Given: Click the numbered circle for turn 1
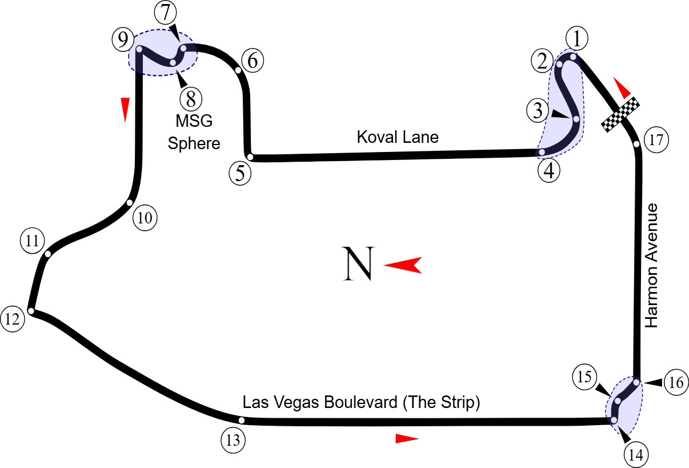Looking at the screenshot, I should (x=577, y=39).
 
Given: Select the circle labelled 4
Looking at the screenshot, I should (x=549, y=170).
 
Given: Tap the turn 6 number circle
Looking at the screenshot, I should (x=253, y=60).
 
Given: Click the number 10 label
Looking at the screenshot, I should (x=145, y=218).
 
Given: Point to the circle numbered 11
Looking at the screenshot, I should (x=32, y=241).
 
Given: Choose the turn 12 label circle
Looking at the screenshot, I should (x=13, y=319).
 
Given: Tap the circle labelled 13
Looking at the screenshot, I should (x=233, y=441).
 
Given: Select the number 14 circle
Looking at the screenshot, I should (x=636, y=455).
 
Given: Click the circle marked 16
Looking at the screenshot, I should (x=676, y=382).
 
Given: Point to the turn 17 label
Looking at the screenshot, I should (x=656, y=140).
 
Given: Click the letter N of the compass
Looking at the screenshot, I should (x=358, y=264).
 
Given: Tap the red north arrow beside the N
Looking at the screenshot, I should (x=403, y=265).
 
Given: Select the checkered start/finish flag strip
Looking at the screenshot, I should (x=620, y=114).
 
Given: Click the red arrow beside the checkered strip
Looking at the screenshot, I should (x=622, y=87).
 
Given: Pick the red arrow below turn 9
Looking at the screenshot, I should (x=125, y=109).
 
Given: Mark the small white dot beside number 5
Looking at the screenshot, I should (x=250, y=157).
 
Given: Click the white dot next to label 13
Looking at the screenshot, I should (x=242, y=421).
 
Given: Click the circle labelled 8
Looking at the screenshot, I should (x=191, y=99).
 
